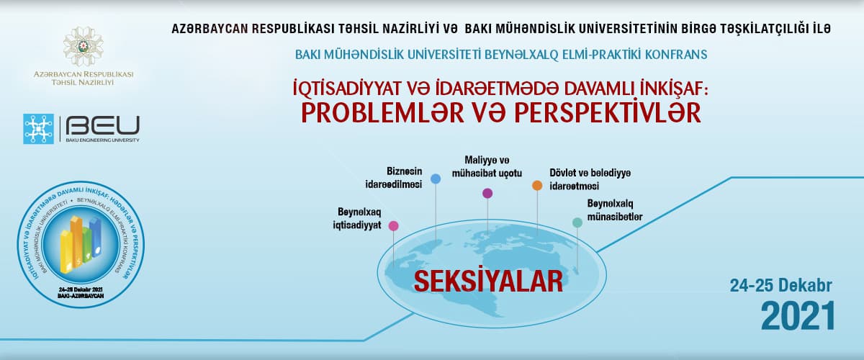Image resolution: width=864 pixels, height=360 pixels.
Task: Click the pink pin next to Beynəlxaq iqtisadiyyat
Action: point(393,225)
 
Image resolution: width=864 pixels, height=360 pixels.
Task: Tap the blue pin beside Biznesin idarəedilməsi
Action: point(435,179)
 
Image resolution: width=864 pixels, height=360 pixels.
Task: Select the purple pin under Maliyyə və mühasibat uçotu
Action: point(487,193)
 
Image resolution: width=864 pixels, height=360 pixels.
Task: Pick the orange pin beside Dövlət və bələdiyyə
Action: point(536,186)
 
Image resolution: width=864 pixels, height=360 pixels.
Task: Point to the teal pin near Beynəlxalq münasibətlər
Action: point(577,222)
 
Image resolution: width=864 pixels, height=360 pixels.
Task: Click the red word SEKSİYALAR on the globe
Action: point(487,281)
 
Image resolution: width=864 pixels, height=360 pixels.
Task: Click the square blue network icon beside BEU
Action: point(39,128)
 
